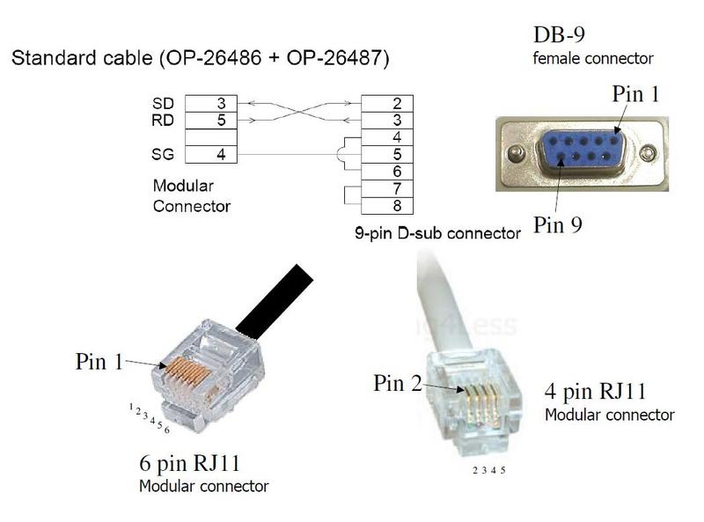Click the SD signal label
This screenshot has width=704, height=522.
(x=163, y=103)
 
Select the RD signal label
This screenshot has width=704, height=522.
(x=163, y=120)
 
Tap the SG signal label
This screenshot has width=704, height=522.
(x=163, y=154)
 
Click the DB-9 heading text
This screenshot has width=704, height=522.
(x=559, y=36)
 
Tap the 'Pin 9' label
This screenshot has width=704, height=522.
(x=558, y=224)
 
